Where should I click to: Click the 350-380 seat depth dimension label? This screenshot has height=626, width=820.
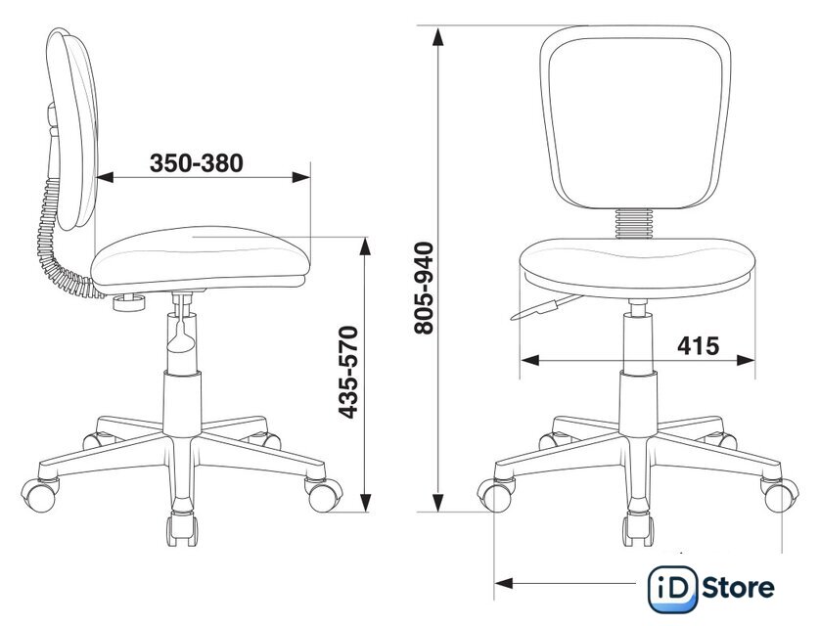197,163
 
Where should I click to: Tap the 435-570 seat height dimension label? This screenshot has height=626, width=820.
348,372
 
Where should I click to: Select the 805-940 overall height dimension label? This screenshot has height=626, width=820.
424,288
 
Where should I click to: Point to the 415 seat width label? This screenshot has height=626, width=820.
698,345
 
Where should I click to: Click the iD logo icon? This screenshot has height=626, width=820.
672,589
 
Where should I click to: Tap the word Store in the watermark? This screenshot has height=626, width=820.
738,588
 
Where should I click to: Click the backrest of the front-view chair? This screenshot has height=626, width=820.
635,117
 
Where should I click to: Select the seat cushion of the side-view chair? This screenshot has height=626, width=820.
201,259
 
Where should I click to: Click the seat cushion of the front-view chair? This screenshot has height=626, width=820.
637,267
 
